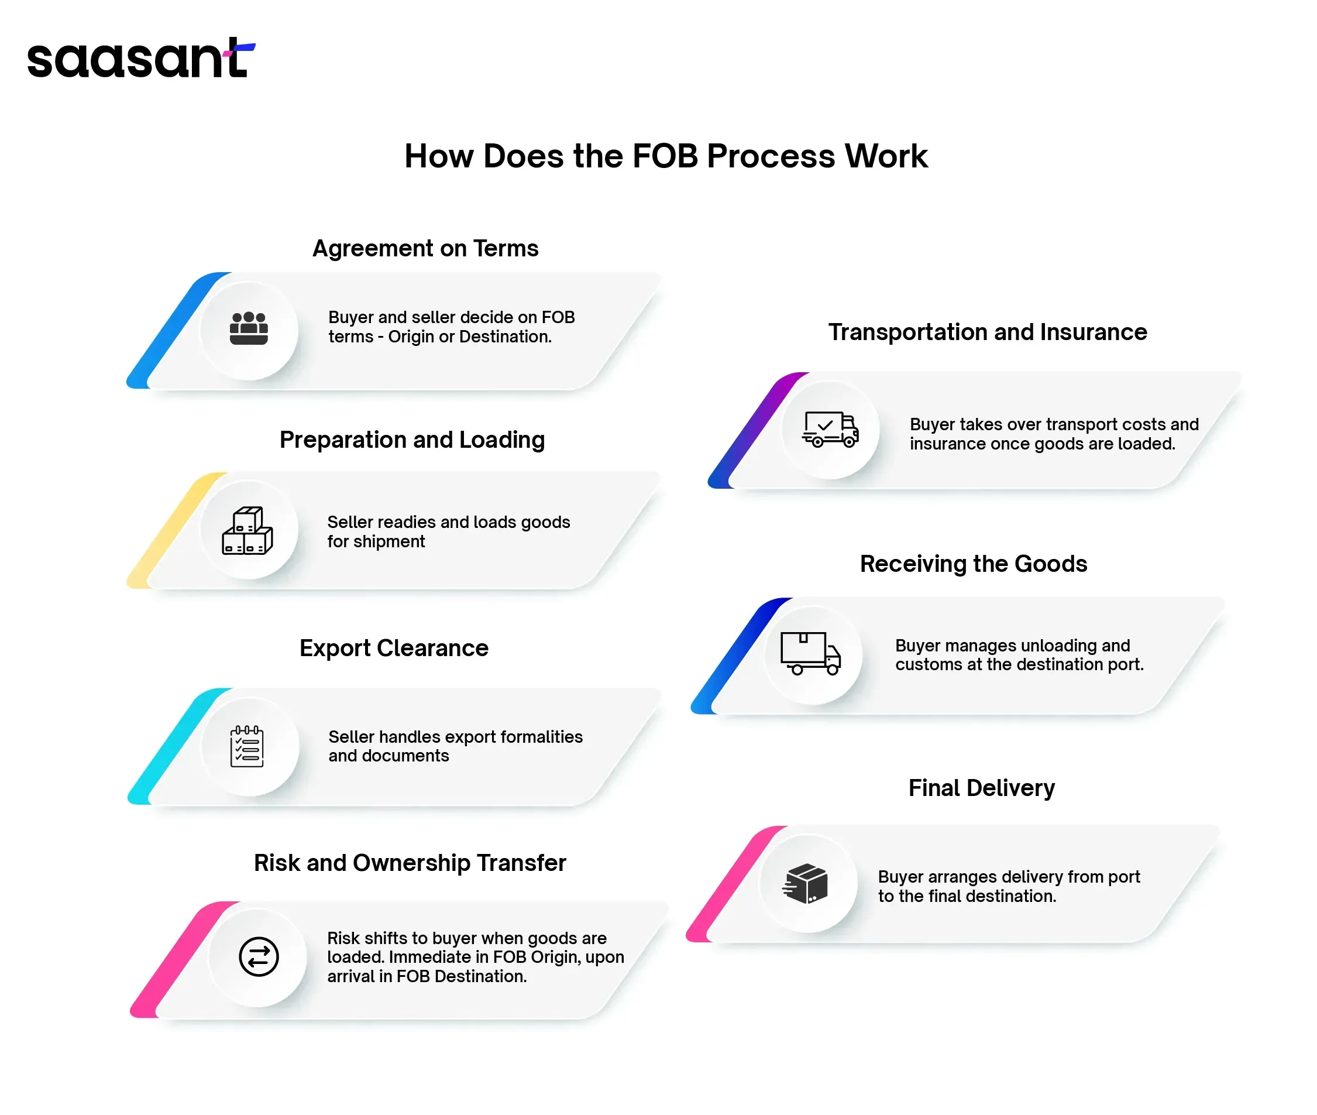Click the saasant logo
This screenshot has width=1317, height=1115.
[141, 58]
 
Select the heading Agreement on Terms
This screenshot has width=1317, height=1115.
[425, 248]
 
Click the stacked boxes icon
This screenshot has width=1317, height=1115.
[247, 531]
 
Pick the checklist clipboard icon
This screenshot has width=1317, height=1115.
[247, 746]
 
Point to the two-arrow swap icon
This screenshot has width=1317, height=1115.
[259, 956]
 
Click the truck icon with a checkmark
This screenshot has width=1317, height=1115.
[830, 429]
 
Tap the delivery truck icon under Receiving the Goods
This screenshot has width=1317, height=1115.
[811, 654]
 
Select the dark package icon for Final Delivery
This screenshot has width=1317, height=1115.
[805, 884]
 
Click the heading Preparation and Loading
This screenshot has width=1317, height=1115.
[412, 440]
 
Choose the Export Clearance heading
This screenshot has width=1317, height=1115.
[394, 648]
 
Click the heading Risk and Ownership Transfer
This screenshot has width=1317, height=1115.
[410, 863]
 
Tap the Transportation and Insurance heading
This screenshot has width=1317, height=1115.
[988, 332]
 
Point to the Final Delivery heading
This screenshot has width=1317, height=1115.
[981, 788]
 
